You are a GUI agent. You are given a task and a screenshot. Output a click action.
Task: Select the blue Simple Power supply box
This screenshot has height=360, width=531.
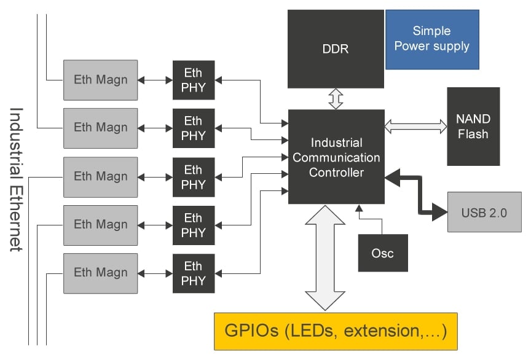tap(431, 39)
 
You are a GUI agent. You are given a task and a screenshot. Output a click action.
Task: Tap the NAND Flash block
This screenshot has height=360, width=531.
tap(473, 126)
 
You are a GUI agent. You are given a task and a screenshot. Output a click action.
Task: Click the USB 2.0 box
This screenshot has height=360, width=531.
tap(484, 212)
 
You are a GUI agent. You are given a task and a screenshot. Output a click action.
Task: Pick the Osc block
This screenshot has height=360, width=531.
tap(382, 252)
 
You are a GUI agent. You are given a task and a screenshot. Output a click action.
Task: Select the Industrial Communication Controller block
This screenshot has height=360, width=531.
tap(336, 157)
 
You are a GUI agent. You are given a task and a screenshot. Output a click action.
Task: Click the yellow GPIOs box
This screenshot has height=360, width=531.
tap(336, 331)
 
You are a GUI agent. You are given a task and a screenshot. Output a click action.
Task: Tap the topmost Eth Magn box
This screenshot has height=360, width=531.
tap(100, 79)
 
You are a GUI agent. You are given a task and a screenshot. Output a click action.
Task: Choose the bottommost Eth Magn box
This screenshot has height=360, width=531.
tap(100, 273)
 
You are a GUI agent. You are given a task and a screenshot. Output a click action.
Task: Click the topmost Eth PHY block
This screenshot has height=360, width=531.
tap(193, 80)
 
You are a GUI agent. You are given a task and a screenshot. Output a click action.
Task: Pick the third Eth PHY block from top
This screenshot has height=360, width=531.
tap(193, 177)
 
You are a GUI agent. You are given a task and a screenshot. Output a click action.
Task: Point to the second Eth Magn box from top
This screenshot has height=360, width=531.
tap(100, 128)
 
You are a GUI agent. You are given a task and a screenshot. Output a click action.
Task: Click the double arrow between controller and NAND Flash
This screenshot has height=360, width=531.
tap(415, 126)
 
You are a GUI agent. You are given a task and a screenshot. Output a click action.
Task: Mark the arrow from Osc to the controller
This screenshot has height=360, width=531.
tap(369, 221)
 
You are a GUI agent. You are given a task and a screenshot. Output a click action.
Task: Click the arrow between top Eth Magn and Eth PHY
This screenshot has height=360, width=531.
tap(155, 80)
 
